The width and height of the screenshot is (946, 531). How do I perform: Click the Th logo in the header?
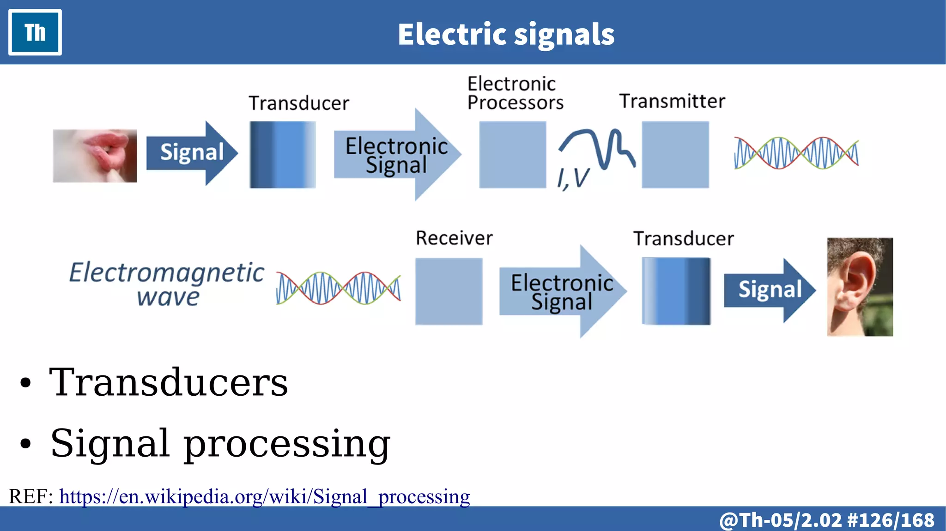(x=35, y=32)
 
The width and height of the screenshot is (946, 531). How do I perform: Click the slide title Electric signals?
(x=506, y=34)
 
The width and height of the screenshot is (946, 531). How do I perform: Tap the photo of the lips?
(x=95, y=156)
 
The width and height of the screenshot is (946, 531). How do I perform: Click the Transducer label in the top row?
(x=299, y=103)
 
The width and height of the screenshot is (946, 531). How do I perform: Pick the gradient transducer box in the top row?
(x=283, y=155)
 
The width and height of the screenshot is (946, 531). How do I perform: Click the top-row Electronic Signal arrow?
(x=396, y=155)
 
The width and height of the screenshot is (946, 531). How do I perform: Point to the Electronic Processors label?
(x=515, y=93)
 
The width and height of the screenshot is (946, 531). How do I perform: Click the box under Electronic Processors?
(x=512, y=155)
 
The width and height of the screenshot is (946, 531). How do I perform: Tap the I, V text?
(x=573, y=178)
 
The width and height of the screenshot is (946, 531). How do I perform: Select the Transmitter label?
(x=672, y=101)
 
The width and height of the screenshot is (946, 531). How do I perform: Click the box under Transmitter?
(x=675, y=155)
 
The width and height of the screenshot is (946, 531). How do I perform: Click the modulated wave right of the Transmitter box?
(x=796, y=153)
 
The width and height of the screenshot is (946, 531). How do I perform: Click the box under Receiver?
(x=449, y=291)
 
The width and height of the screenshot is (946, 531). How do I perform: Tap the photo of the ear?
(x=860, y=287)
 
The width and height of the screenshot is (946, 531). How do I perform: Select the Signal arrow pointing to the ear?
(x=769, y=290)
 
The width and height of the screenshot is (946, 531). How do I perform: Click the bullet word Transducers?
(x=169, y=382)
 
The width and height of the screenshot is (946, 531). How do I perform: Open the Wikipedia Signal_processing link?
(x=264, y=497)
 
